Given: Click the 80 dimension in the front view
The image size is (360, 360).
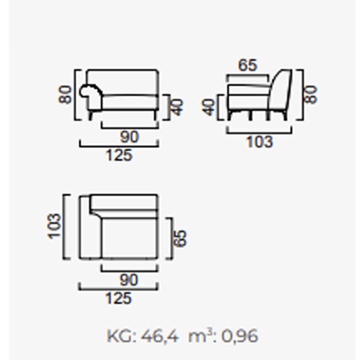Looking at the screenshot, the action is (x=65, y=94).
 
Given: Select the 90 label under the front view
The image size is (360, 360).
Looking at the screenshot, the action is (x=129, y=137).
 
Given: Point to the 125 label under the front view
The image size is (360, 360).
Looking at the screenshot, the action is (x=119, y=155).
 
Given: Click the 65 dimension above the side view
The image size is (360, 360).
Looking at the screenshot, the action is (x=247, y=65).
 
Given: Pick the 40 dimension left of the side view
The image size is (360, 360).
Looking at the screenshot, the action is (x=208, y=107).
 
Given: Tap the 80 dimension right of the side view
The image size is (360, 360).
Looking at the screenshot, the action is (x=310, y=94).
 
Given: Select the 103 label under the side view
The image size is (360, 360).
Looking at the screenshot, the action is (x=259, y=141).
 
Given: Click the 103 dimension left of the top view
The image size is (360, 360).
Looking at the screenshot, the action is (x=54, y=226).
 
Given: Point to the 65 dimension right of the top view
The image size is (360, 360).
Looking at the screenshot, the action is (x=180, y=238).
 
